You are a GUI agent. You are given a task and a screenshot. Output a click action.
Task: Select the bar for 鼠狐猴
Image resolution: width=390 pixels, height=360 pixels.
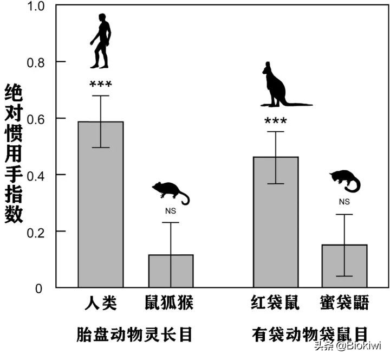click(x=171, y=271)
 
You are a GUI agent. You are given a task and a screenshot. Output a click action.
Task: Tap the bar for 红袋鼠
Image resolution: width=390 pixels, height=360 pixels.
click(x=276, y=222)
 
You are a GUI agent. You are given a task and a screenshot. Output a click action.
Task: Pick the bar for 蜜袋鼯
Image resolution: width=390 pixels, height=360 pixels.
click(x=344, y=266)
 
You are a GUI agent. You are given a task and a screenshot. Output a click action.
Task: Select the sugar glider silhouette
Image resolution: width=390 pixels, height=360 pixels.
click(x=345, y=181)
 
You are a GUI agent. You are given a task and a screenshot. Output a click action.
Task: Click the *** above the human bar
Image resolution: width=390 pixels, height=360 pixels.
click(x=101, y=85)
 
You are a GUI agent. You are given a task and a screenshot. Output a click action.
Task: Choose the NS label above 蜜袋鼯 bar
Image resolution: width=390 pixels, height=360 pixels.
click(x=344, y=202)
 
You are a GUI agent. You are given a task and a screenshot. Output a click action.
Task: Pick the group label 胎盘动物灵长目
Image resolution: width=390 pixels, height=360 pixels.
click(x=135, y=333)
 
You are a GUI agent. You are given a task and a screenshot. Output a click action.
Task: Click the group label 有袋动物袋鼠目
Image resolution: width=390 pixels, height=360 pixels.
click(x=310, y=333)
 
